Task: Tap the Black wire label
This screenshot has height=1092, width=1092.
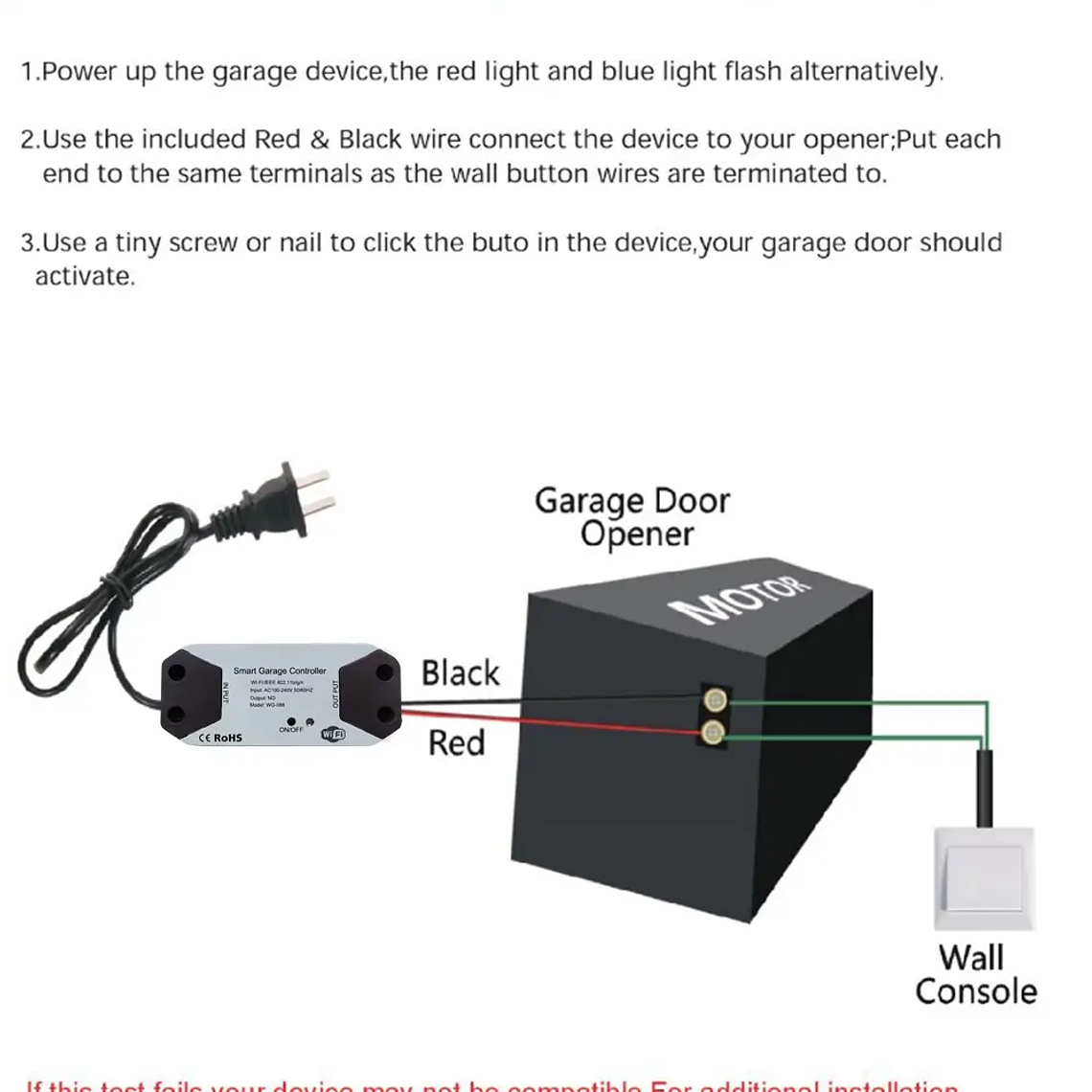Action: pos(460,672)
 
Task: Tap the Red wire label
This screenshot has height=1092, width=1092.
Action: pos(456,742)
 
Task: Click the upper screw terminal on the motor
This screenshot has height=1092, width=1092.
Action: pos(713,700)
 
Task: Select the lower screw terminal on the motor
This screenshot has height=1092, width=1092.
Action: pos(713,734)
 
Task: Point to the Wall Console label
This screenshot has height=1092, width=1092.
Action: pos(975,974)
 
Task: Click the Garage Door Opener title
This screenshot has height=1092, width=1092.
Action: pos(632,516)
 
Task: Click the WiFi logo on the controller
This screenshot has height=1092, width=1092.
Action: pos(332,734)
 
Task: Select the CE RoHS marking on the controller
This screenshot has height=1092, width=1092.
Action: pos(220,738)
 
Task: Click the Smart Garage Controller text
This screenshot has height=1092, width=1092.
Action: pos(280,671)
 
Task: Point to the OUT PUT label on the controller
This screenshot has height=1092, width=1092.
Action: pos(335,694)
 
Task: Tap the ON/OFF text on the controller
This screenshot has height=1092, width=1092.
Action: pos(291,730)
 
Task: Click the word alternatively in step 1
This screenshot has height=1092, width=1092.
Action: pos(866,72)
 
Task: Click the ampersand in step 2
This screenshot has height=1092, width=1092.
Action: pos(320,140)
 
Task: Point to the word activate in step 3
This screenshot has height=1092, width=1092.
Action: pos(83,277)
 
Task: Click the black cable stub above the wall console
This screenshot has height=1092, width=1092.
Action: pos(984,788)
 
